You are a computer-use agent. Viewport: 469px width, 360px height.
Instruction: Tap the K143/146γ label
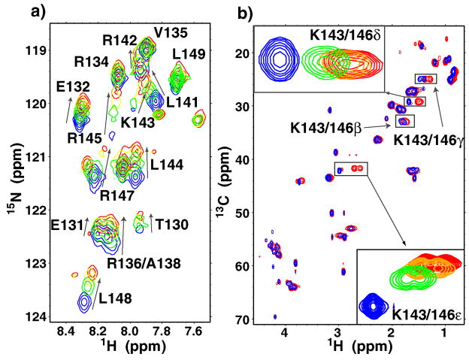429,139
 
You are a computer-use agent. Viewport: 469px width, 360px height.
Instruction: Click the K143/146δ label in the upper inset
343,35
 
